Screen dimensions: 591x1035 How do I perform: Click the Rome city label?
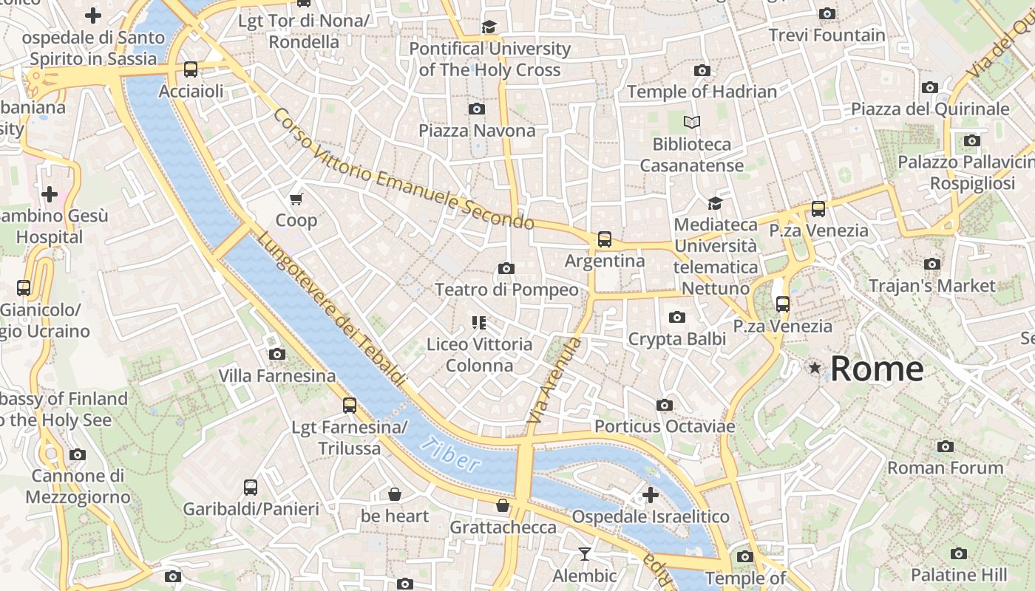pyautogui.click(x=877, y=369)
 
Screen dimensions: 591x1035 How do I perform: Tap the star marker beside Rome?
pyautogui.click(x=815, y=367)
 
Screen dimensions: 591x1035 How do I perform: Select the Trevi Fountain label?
pyautogui.click(x=827, y=35)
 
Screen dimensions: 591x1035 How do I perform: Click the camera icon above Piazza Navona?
pyautogui.click(x=477, y=109)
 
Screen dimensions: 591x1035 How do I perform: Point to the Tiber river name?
pyautogui.click(x=450, y=454)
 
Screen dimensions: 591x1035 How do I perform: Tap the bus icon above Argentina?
pyautogui.click(x=605, y=239)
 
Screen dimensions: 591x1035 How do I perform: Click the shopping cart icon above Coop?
pyautogui.click(x=296, y=199)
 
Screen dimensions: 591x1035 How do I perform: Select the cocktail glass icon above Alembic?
pyautogui.click(x=585, y=553)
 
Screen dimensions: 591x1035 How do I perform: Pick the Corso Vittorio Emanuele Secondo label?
pyautogui.click(x=403, y=169)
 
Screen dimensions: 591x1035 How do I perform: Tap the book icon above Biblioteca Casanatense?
pyautogui.click(x=692, y=122)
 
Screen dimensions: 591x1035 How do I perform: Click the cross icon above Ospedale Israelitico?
pyautogui.click(x=651, y=494)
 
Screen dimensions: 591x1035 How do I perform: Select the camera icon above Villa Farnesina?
pyautogui.click(x=277, y=354)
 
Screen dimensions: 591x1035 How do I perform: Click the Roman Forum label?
pyautogui.click(x=945, y=468)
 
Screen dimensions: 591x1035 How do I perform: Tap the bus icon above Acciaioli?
pyautogui.click(x=191, y=69)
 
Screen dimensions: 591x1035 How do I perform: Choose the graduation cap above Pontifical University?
pyautogui.click(x=489, y=27)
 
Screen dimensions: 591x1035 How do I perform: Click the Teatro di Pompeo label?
pyautogui.click(x=506, y=290)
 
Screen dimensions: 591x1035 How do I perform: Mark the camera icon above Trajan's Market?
pyautogui.click(x=932, y=264)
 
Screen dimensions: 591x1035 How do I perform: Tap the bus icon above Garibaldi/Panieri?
pyautogui.click(x=251, y=488)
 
